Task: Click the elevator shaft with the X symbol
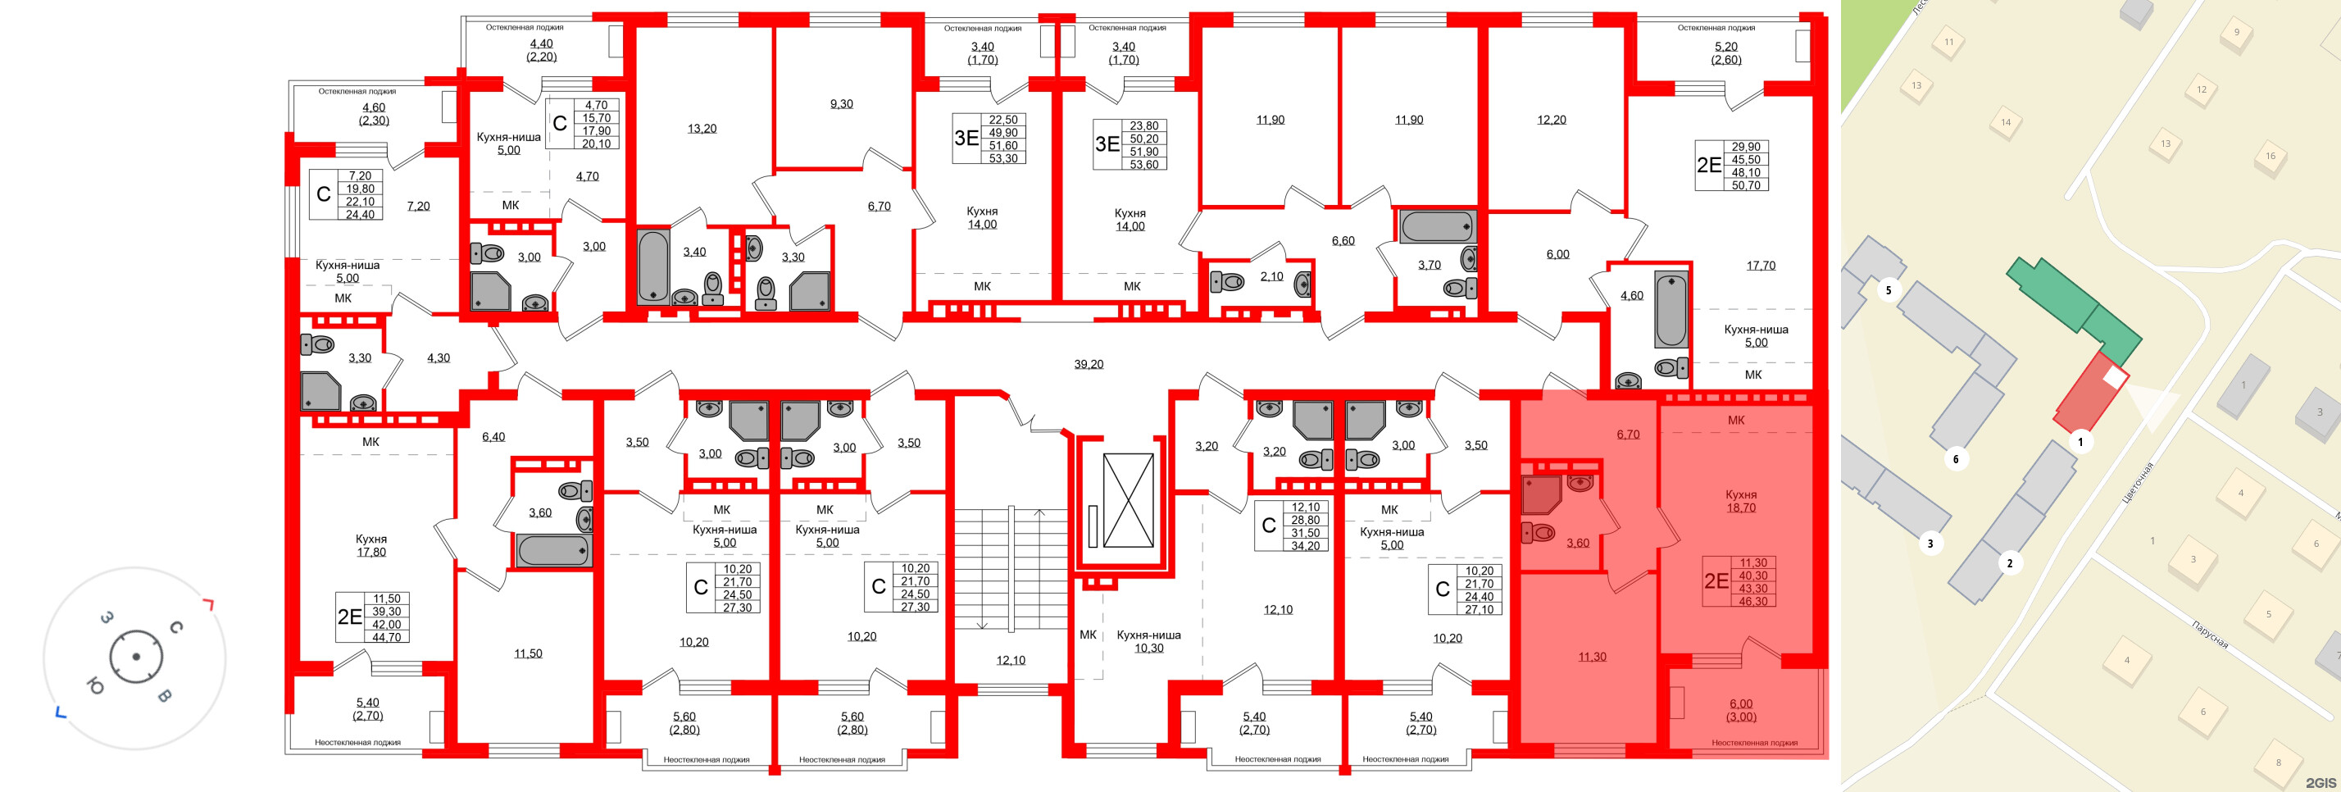pyautogui.click(x=1127, y=500)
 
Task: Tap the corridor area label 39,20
pyautogui.click(x=1088, y=365)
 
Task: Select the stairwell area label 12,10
pyautogui.click(x=1010, y=661)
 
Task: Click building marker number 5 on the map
pyautogui.click(x=1889, y=291)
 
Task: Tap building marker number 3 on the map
pyautogui.click(x=1930, y=544)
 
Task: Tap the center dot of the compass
pyautogui.click(x=136, y=657)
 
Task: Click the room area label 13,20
pyautogui.click(x=702, y=129)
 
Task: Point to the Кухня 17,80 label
pyautogui.click(x=370, y=545)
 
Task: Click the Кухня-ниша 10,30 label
pyautogui.click(x=1148, y=642)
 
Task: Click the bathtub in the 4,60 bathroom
pyautogui.click(x=1671, y=309)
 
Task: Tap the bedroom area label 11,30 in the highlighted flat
pyautogui.click(x=1591, y=657)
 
